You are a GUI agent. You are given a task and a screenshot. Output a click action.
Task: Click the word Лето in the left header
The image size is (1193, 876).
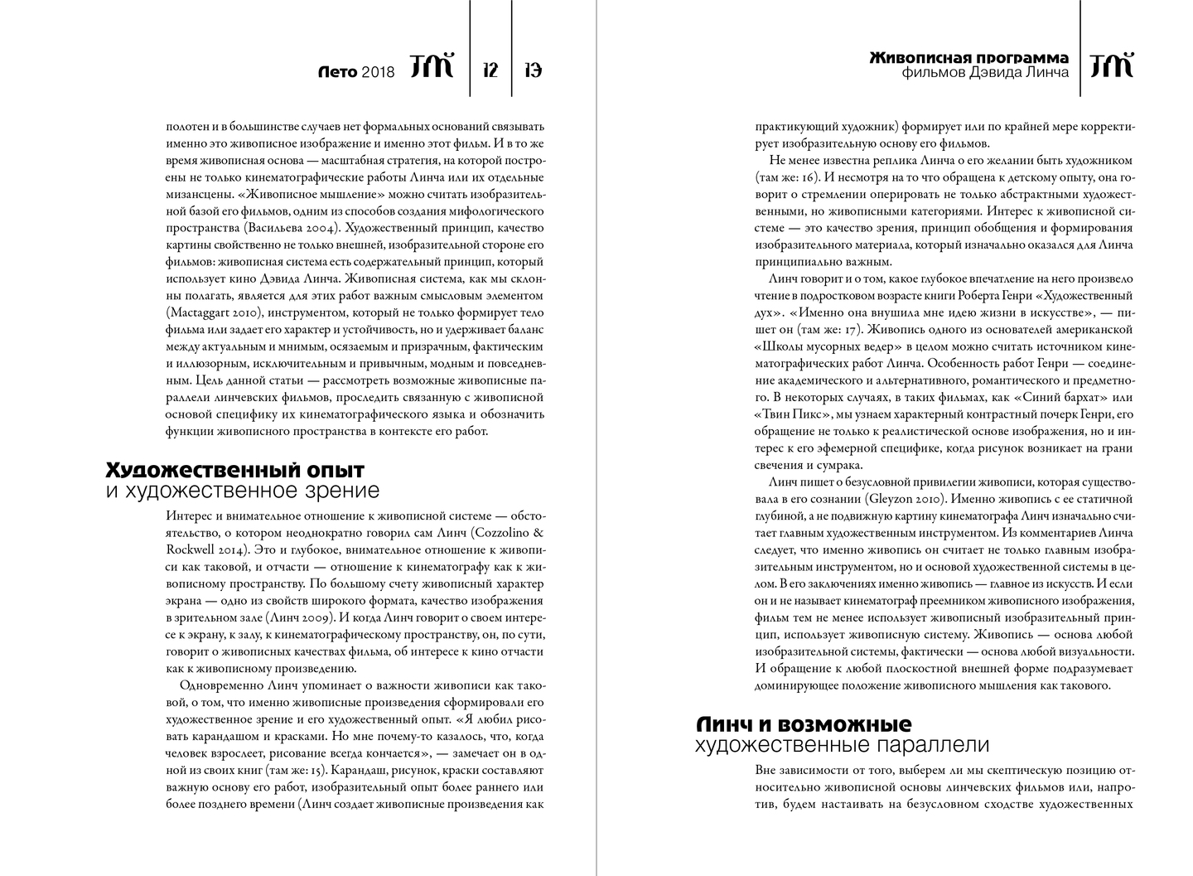point(338,72)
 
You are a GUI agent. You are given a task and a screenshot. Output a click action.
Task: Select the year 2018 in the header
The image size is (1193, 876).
point(379,72)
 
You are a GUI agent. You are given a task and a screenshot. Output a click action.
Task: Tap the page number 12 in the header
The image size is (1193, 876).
point(490,70)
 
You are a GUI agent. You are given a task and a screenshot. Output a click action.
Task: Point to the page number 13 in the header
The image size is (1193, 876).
point(534,70)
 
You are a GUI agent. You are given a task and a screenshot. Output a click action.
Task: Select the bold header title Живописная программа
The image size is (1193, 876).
point(968,58)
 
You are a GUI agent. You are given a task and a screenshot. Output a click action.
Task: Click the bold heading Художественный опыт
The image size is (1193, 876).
point(235,471)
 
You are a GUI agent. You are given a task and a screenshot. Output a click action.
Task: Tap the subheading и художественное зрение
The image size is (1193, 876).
point(243,491)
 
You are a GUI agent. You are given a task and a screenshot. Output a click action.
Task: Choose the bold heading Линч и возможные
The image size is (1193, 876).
point(804,724)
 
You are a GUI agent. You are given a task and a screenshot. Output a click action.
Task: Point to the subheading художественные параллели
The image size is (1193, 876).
point(842,744)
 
